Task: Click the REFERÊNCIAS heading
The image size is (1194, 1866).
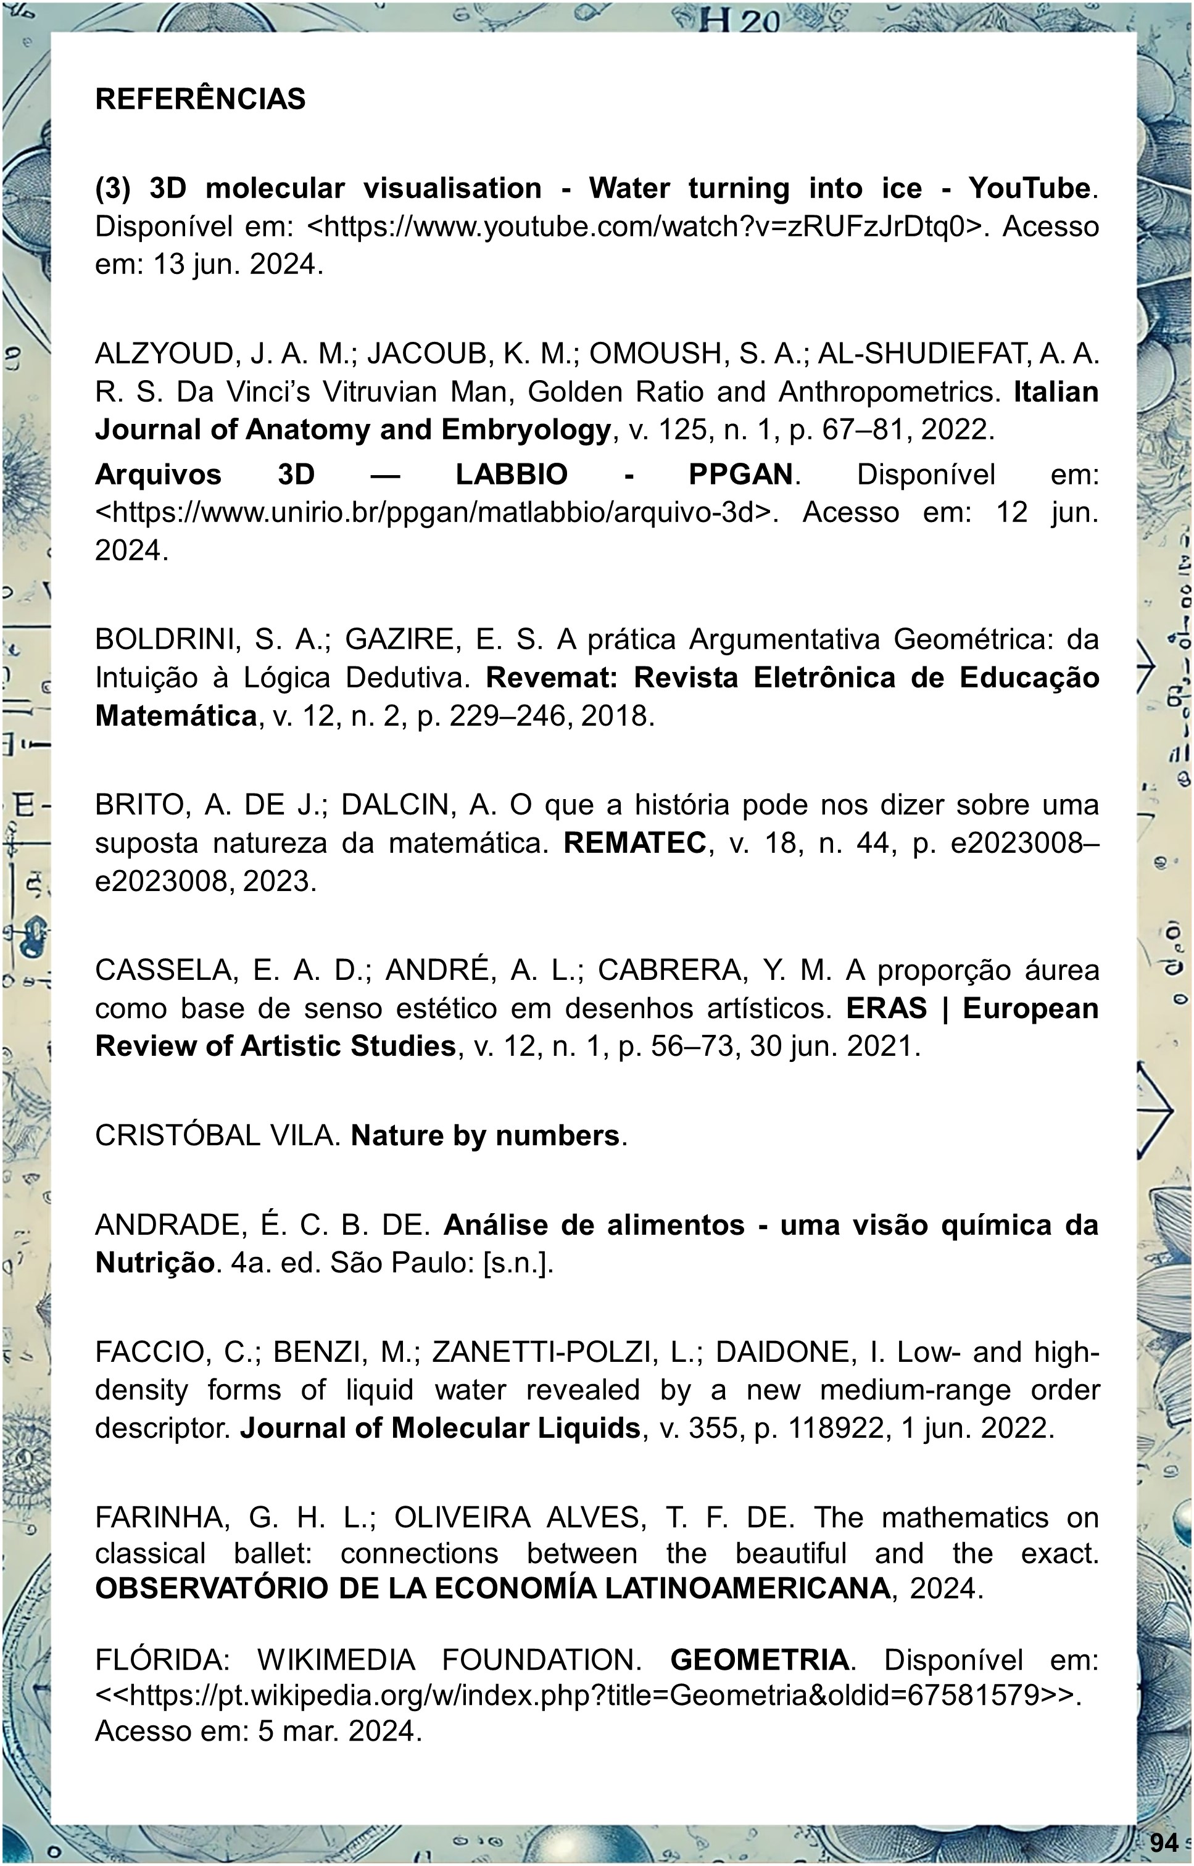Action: (200, 99)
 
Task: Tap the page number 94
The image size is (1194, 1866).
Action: (1164, 1841)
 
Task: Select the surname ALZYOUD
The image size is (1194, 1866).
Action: (166, 354)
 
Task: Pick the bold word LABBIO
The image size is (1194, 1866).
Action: (512, 475)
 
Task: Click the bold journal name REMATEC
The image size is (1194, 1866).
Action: (635, 844)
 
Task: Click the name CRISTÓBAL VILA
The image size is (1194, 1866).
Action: (218, 1136)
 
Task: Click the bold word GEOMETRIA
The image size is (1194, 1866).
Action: (759, 1660)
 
